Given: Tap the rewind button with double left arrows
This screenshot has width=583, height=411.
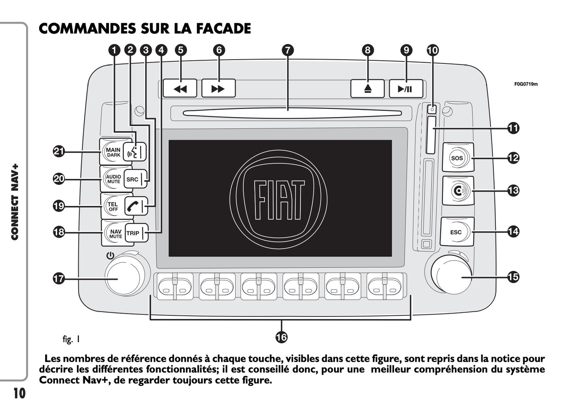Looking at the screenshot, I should [x=180, y=88].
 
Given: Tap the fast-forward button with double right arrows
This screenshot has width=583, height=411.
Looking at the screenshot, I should [x=218, y=88].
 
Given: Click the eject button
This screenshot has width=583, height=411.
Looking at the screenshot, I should [x=368, y=89].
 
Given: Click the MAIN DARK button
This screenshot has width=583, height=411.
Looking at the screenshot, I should [x=112, y=152].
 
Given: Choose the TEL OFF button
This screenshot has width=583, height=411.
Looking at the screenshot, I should [x=112, y=206].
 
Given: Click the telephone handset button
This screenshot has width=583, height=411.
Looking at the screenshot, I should [x=134, y=206].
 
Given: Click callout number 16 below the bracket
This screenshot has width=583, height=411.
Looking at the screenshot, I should [x=282, y=337].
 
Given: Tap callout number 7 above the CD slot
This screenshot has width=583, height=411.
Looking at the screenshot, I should [x=287, y=50].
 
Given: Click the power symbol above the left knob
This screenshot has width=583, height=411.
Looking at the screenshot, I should [x=110, y=255].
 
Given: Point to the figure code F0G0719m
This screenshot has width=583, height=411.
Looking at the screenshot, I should [x=526, y=84].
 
